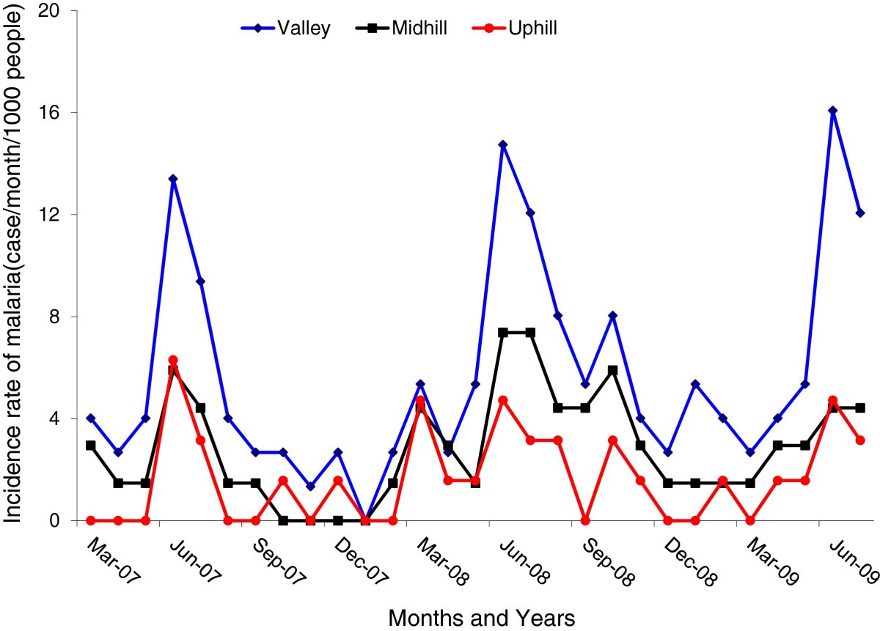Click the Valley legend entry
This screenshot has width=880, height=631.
(286, 29)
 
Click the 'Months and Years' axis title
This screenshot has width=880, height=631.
(482, 617)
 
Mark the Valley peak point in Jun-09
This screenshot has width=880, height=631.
(832, 111)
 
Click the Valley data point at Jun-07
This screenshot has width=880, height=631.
(173, 179)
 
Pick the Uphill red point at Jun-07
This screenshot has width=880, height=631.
(173, 360)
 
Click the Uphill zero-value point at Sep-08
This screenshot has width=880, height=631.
(585, 520)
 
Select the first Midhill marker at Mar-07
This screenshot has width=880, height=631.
(90, 445)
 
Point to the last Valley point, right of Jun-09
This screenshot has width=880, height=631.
(860, 213)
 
